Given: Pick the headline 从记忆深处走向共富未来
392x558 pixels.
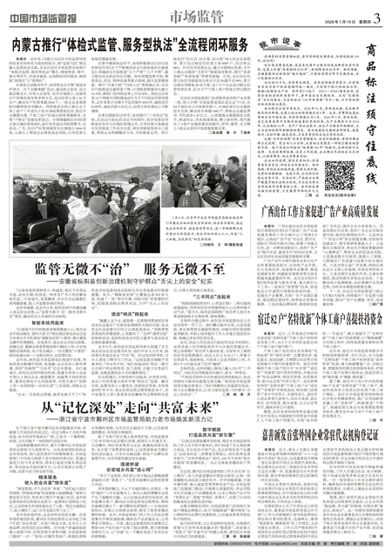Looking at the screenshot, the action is click(x=130, y=405).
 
